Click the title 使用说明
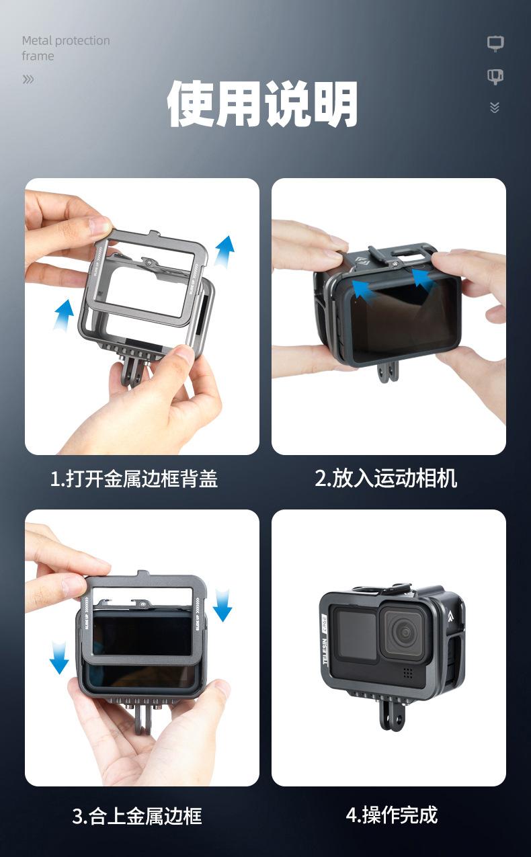point(262,104)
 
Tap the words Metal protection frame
point(65,48)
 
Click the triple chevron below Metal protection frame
point(28,79)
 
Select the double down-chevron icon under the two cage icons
point(495,108)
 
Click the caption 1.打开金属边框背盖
point(134,479)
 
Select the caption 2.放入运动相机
point(386,479)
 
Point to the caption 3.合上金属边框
point(136,816)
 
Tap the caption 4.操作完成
point(391,815)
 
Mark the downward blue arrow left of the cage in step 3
point(59,657)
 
